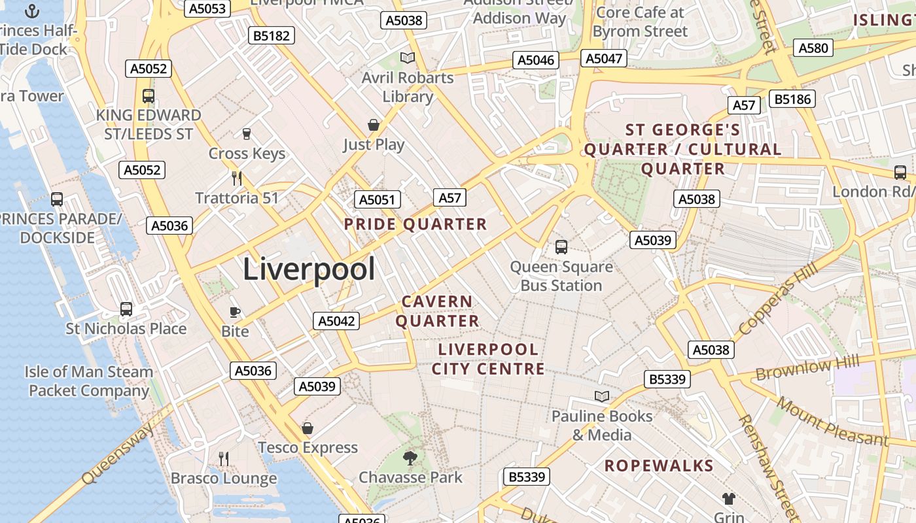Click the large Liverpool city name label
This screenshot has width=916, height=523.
click(309, 269)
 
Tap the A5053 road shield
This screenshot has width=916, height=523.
click(207, 8)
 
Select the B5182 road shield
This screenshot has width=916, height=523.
click(272, 35)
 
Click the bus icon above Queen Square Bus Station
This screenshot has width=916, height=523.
click(561, 246)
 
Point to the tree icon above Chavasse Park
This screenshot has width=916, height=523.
click(410, 458)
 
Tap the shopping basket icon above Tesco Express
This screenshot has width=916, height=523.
click(307, 428)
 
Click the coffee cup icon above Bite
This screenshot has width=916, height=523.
click(234, 312)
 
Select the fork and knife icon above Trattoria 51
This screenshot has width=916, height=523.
click(237, 178)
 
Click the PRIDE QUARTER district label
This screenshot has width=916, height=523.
click(415, 224)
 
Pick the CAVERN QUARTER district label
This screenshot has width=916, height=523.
click(437, 311)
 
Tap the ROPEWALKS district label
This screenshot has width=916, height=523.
click(658, 465)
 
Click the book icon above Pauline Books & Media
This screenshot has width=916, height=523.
click(601, 396)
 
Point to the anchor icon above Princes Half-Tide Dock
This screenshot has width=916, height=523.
click(31, 11)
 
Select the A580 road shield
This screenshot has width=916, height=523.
click(813, 48)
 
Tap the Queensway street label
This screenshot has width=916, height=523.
click(120, 453)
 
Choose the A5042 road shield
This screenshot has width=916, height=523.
click(337, 321)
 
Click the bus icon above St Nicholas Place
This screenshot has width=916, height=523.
click(126, 309)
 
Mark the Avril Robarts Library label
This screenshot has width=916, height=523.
click(408, 87)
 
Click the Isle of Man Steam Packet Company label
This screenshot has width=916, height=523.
click(89, 381)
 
